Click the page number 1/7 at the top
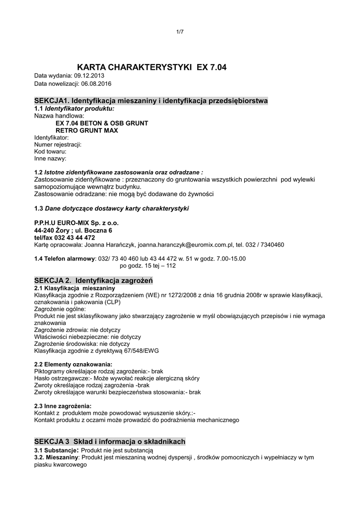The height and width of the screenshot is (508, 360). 180,32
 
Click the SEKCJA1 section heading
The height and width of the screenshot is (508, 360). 151,101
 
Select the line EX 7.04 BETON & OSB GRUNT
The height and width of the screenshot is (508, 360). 102,123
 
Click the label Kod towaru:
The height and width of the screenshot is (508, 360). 50,151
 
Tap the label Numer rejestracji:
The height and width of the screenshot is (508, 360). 58,144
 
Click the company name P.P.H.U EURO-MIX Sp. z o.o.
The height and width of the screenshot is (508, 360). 76,223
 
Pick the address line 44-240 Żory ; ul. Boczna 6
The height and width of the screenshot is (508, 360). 73,230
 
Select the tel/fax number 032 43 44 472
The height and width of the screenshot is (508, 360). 75,238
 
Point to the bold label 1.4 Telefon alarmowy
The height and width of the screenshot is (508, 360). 65,258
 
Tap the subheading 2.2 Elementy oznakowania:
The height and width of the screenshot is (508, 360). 70,364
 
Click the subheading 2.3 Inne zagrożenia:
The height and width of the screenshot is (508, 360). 63,406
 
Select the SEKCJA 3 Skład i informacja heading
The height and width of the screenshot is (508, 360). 110,441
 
